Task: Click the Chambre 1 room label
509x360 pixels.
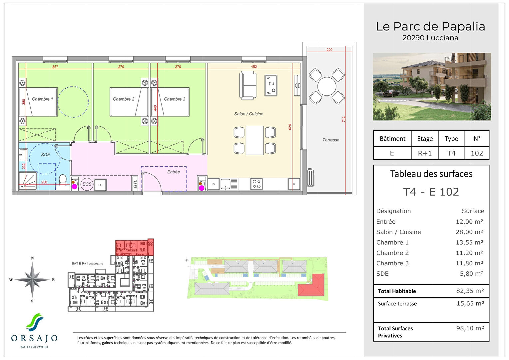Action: point(42,99)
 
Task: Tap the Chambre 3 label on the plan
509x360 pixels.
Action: point(175,99)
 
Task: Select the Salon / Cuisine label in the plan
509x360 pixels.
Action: point(249,114)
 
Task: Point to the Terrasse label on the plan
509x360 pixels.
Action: point(331,140)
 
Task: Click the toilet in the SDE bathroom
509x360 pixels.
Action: point(63,180)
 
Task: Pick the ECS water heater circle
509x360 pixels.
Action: point(87,184)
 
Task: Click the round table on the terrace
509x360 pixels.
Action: point(327,86)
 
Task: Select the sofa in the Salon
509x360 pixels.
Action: point(248,85)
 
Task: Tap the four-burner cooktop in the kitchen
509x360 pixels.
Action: point(256,184)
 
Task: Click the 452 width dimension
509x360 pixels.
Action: point(254,67)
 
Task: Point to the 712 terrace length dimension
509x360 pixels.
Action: point(343,119)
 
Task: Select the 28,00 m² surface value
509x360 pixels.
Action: point(469,232)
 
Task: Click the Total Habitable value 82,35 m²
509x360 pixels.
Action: point(470,291)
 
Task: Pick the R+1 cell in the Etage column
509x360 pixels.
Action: point(425,153)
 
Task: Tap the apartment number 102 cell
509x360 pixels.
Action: point(477,153)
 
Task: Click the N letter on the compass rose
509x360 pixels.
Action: point(32,258)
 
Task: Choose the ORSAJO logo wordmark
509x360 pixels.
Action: point(34,338)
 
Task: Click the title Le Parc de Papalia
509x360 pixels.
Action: point(430,27)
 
